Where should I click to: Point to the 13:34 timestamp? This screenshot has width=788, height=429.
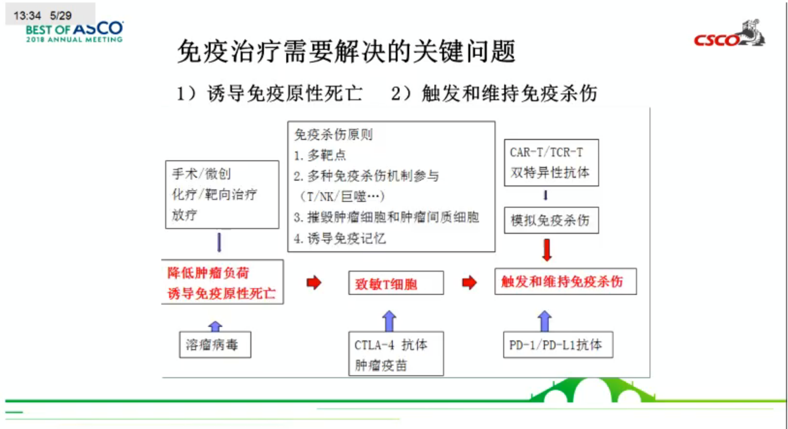coord(27,15)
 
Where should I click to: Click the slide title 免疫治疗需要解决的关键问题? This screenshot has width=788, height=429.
coord(346,51)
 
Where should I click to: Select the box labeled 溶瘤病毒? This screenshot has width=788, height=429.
coord(215,345)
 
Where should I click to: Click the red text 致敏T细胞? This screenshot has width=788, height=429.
coord(386,284)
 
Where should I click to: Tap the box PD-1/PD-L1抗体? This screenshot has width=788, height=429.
coord(557,345)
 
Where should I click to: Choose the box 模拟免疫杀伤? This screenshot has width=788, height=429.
coord(551,221)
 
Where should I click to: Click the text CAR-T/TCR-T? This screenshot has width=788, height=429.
coord(546,153)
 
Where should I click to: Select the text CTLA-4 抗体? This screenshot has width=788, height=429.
coord(390,345)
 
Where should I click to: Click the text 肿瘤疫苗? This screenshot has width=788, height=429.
coord(381,365)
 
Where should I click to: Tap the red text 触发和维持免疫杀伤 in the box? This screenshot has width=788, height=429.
coord(562,282)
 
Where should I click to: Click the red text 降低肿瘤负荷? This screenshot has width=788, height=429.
coord(208,273)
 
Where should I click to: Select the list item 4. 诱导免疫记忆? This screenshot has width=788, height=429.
coord(340,238)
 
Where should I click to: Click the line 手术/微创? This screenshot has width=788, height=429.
coord(201,174)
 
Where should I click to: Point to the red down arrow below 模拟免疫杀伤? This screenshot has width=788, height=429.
coord(547,250)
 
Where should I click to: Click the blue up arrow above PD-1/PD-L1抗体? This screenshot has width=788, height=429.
coord(545,321)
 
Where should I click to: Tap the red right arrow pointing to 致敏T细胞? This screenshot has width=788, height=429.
coord(314,282)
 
